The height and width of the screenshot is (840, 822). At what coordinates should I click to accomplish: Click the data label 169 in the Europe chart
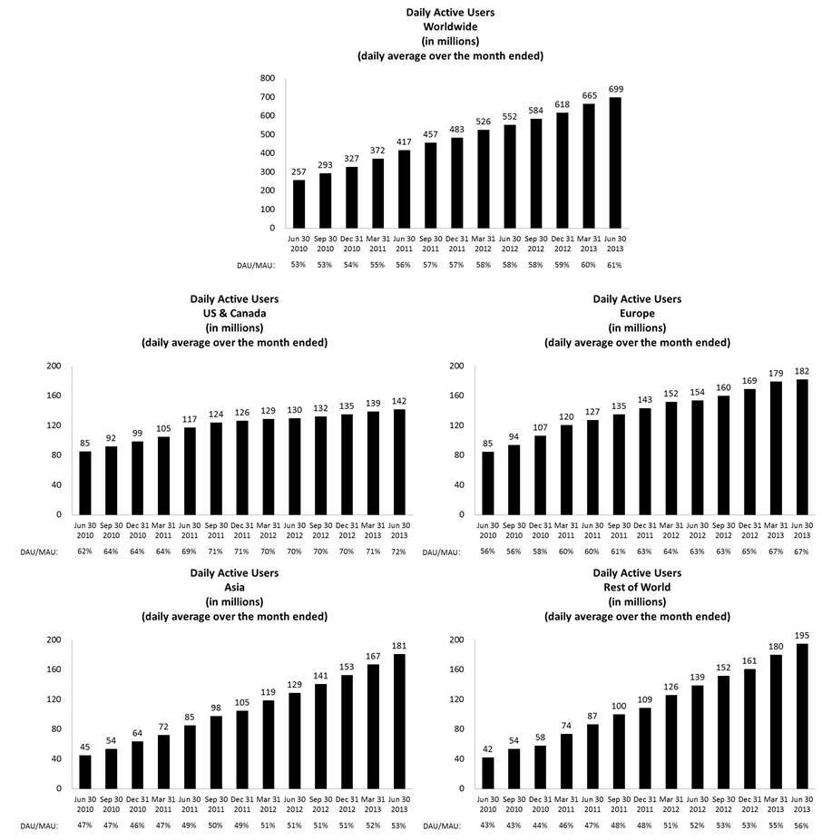[750, 380]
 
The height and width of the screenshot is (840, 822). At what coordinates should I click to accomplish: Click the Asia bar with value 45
[84, 771]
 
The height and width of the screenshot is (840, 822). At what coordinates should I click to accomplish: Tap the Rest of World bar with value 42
[487, 773]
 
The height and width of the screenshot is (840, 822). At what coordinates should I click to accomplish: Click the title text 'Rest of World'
[637, 588]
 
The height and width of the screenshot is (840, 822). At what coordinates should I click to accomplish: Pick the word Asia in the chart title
[234, 588]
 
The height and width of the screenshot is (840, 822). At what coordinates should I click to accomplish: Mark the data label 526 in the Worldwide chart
[484, 122]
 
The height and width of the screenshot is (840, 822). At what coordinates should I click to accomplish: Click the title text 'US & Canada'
[234, 314]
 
